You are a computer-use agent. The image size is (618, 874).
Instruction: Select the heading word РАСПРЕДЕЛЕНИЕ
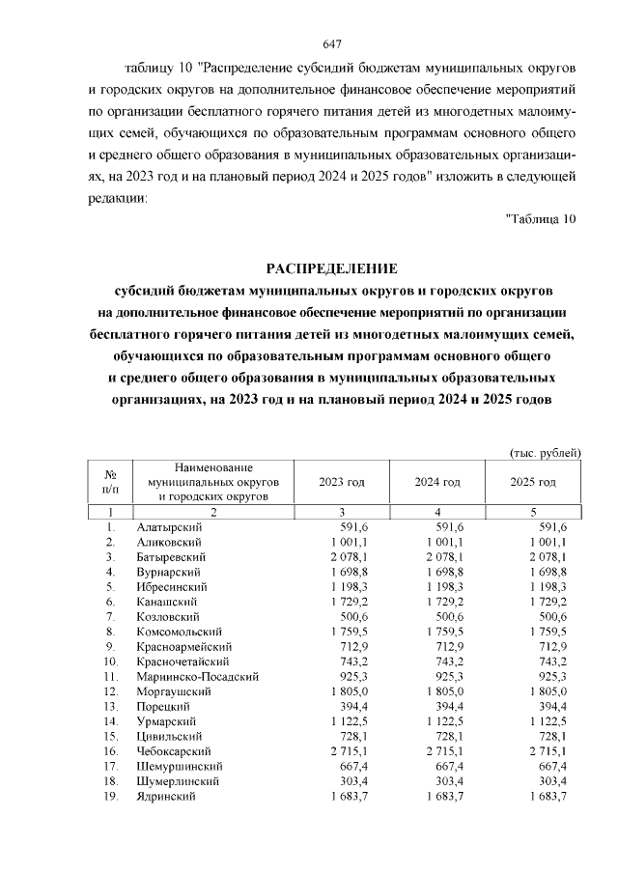coord(332,268)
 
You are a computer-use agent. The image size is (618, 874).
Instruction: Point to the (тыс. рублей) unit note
coord(545,451)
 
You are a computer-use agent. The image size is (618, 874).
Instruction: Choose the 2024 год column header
coord(437,481)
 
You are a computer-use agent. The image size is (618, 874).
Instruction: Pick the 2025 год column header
coord(534,481)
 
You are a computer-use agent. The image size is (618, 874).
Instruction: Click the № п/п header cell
coord(111,481)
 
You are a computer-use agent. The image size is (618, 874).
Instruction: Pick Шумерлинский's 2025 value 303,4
coord(549,781)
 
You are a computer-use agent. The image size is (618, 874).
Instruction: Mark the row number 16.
coord(111,751)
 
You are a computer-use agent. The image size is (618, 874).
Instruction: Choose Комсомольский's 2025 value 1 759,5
coord(544,632)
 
